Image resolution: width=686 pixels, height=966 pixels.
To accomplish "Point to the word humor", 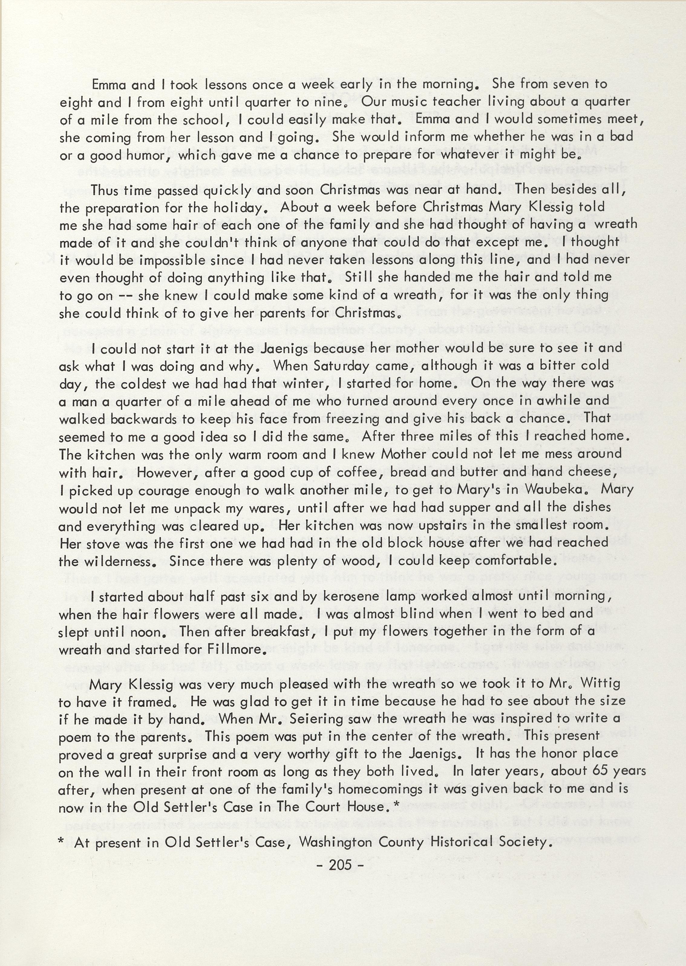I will [x=142, y=155].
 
